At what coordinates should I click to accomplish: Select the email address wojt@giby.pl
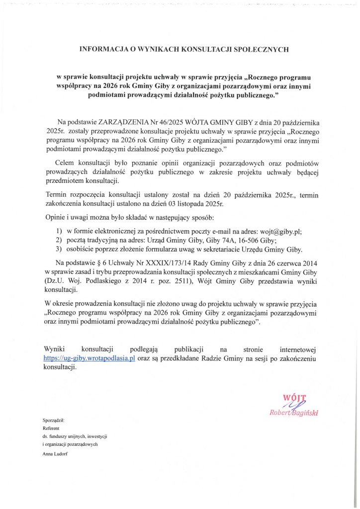tap(281, 231)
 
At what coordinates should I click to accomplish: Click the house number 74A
tap(236, 240)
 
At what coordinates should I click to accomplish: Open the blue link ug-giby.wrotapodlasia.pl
tap(90, 358)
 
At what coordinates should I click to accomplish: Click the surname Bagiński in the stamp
tap(304, 413)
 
